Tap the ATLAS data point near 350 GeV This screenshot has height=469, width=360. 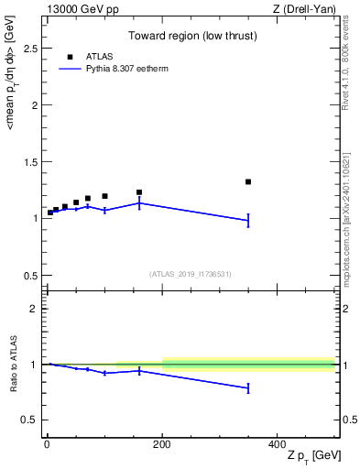tap(248, 181)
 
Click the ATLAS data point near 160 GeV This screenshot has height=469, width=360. tap(139, 192)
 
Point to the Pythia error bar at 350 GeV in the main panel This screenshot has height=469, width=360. tap(248, 220)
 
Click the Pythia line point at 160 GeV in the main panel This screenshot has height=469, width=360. tap(139, 202)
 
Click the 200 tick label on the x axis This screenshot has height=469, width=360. tap(162, 444)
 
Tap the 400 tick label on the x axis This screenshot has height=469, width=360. tap(278, 444)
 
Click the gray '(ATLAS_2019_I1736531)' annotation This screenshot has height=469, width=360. tap(191, 274)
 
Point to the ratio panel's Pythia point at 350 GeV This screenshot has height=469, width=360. tap(248, 388)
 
